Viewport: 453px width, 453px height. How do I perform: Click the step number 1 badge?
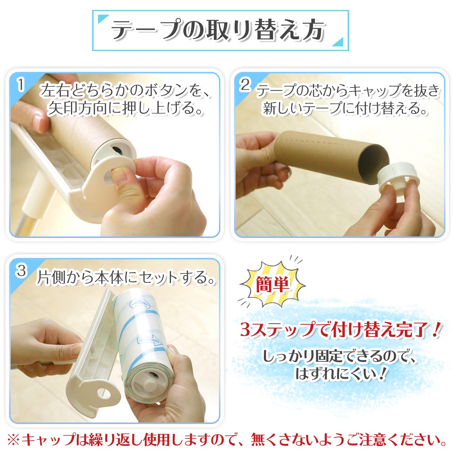pyautogui.click(x=20, y=85)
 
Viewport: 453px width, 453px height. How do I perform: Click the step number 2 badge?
pyautogui.click(x=245, y=85)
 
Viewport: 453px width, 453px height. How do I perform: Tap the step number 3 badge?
pyautogui.click(x=21, y=271)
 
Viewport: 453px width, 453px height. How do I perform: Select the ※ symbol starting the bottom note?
pyautogui.click(x=14, y=440)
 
